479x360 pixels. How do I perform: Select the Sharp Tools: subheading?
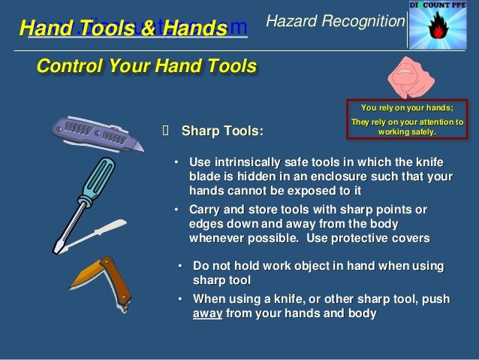222,132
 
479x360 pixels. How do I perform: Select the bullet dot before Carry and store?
176,209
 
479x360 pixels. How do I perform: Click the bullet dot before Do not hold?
181,267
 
